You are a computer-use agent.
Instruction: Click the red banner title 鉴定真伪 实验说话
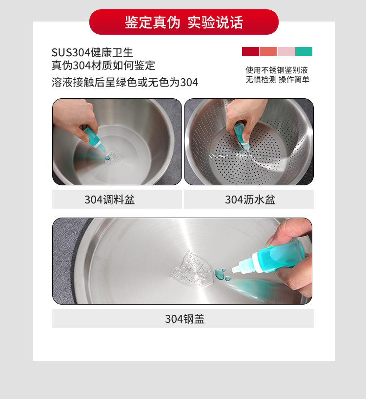coord(183,22)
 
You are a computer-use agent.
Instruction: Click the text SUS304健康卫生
coord(92,53)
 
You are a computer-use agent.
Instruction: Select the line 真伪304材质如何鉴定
coord(103,66)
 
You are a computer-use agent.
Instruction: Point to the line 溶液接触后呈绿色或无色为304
coord(125,82)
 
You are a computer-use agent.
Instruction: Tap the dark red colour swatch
coord(250,51)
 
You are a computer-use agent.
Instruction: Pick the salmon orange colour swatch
coord(268,51)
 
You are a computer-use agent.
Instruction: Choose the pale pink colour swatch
coord(286,51)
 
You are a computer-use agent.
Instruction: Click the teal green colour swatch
coord(304,51)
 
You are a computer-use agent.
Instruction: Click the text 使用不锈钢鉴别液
coord(277,70)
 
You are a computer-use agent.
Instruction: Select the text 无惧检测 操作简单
coord(277,80)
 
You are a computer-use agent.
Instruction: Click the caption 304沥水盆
coord(249,199)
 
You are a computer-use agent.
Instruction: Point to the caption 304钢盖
coord(184,319)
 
